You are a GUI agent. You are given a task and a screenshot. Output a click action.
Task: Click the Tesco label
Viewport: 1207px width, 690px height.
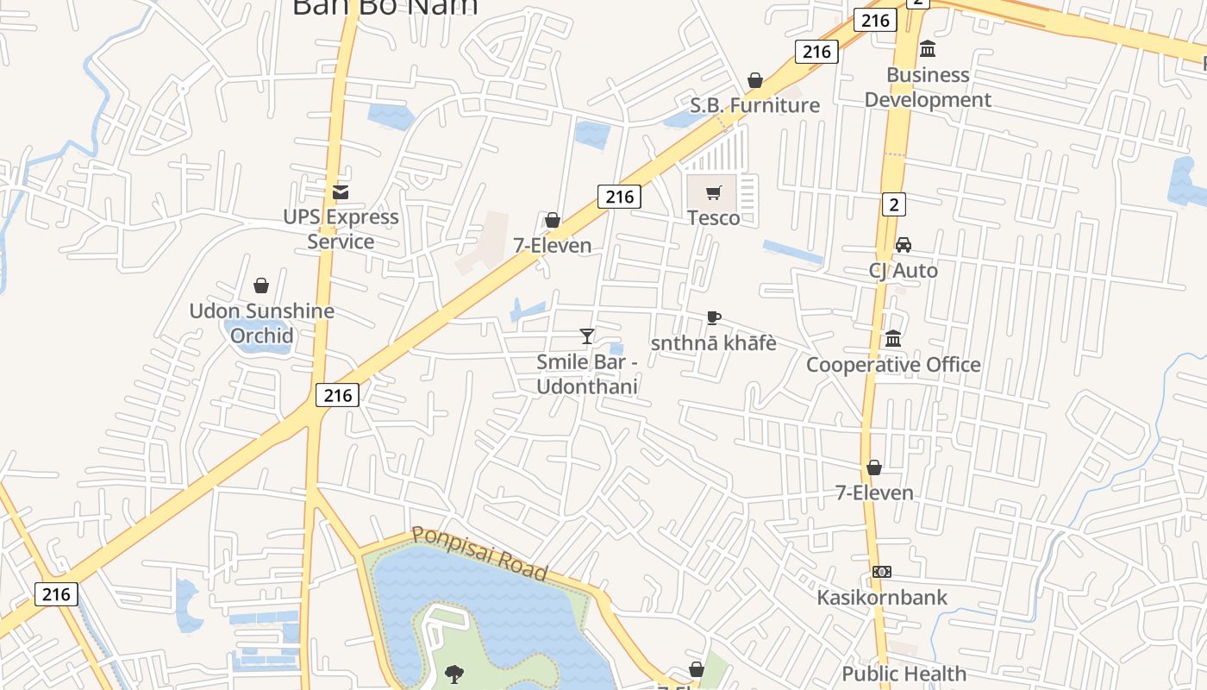(x=713, y=217)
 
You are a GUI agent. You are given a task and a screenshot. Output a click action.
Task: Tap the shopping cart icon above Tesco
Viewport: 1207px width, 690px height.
(x=713, y=193)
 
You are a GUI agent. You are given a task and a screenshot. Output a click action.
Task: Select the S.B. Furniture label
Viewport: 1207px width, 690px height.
(x=754, y=105)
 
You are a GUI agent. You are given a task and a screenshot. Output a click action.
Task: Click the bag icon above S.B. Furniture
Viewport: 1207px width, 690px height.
(x=755, y=80)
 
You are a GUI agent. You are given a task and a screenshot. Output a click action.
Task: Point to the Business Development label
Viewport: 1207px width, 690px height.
(x=928, y=87)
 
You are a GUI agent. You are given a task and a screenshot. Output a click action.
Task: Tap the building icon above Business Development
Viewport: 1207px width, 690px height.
(x=928, y=48)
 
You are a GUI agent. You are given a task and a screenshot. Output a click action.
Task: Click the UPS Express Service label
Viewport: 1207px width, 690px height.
(x=341, y=229)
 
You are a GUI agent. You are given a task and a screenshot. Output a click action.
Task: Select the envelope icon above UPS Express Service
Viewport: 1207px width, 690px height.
(x=341, y=191)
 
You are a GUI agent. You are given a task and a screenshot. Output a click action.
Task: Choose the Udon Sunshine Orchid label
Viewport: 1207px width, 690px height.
(x=261, y=323)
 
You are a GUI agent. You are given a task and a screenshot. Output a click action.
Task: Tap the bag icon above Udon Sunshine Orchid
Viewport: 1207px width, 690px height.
(x=261, y=285)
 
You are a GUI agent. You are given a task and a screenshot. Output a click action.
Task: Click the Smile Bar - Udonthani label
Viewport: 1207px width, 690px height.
(x=586, y=373)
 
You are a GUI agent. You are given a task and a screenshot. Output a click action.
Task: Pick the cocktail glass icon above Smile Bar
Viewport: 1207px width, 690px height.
(x=587, y=336)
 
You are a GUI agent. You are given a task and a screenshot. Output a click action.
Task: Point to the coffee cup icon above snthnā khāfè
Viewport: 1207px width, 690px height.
(x=713, y=317)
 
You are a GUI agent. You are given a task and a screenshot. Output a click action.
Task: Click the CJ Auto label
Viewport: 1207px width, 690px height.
(x=903, y=270)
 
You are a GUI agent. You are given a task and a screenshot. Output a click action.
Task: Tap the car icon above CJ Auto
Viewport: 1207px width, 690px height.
(x=903, y=245)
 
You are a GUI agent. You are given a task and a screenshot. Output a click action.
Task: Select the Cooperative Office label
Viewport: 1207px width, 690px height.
(x=893, y=364)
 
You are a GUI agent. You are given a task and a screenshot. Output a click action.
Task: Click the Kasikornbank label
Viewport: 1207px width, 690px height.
(x=882, y=597)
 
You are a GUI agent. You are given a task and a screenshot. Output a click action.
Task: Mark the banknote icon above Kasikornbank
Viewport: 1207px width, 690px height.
(x=881, y=572)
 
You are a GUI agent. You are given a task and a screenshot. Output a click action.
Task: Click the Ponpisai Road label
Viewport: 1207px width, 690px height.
(x=479, y=553)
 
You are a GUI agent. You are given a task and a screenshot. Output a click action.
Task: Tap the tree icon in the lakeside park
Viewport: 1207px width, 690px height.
(x=453, y=674)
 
